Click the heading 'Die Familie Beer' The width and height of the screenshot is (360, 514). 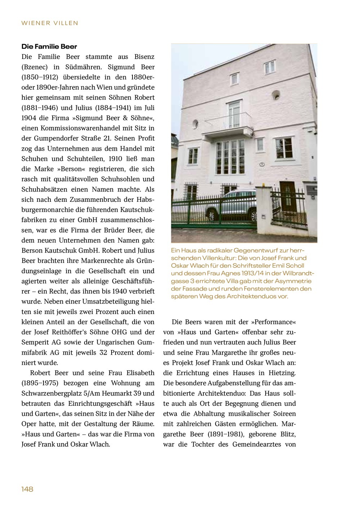click(x=49, y=47)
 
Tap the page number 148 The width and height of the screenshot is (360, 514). click(x=27, y=489)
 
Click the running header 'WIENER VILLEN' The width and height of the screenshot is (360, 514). click(x=50, y=23)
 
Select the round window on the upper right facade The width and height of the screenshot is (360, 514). click(x=276, y=95)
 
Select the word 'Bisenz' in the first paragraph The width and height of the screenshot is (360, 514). click(x=144, y=57)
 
